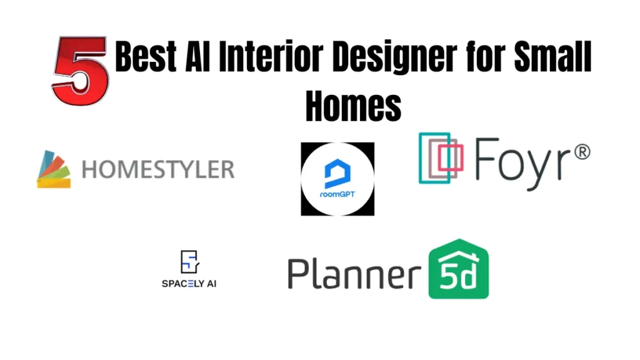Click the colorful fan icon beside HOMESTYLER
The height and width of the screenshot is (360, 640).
(x=54, y=169)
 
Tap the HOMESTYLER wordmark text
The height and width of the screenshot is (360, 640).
(x=158, y=169)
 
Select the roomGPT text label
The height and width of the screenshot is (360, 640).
(x=337, y=194)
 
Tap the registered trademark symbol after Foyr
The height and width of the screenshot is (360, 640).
(x=581, y=151)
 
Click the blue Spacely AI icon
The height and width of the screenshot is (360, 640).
(x=189, y=262)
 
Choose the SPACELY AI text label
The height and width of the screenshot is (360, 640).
(x=189, y=283)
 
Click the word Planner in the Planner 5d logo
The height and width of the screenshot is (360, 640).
(x=354, y=274)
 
